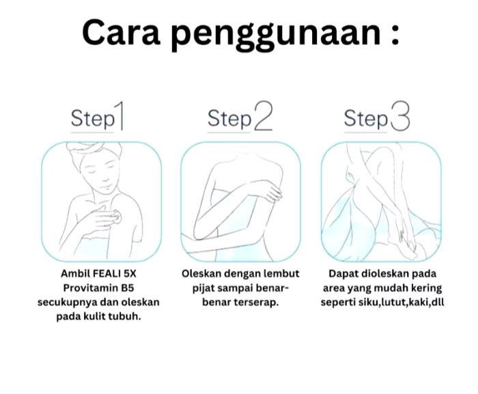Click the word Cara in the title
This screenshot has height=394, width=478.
click(x=121, y=33)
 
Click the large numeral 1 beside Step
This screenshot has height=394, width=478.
click(x=119, y=116)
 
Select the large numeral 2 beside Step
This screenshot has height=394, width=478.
click(x=262, y=116)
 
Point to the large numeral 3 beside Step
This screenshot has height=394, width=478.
click(x=399, y=116)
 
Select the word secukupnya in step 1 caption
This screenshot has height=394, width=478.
click(x=67, y=302)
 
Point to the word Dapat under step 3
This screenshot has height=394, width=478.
click(x=343, y=274)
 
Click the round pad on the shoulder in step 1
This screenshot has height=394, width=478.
click(x=117, y=217)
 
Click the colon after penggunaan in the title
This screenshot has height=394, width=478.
click(x=395, y=37)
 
